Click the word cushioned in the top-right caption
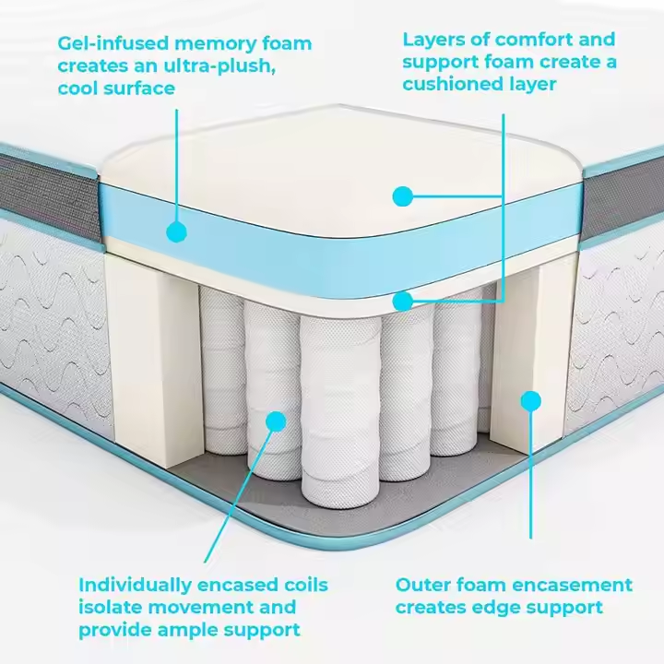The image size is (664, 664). pyautogui.click(x=453, y=85)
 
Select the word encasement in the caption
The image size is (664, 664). pyautogui.click(x=575, y=585)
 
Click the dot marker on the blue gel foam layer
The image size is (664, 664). pyautogui.click(x=176, y=231)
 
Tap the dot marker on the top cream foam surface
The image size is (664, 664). pyautogui.click(x=401, y=196)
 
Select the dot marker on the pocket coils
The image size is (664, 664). pyautogui.click(x=275, y=421)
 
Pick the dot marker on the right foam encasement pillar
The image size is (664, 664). pyautogui.click(x=530, y=400)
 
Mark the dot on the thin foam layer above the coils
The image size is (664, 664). pyautogui.click(x=402, y=301)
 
